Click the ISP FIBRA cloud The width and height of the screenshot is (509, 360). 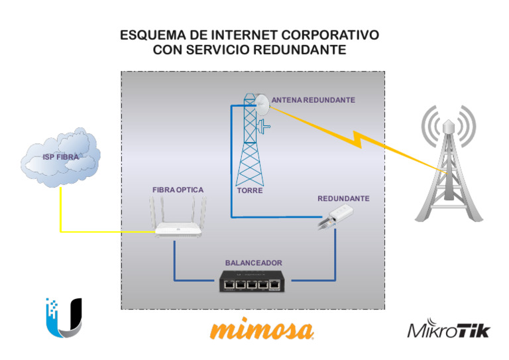[60, 157]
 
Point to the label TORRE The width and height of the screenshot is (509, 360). [250, 191]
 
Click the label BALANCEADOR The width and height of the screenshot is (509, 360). [253, 263]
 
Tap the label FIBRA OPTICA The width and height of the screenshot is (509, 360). [178, 190]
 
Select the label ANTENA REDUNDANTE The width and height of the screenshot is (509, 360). [313, 100]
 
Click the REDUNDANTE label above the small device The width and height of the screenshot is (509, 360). [343, 199]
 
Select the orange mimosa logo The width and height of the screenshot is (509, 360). [261, 330]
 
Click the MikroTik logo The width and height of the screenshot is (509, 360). [449, 330]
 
